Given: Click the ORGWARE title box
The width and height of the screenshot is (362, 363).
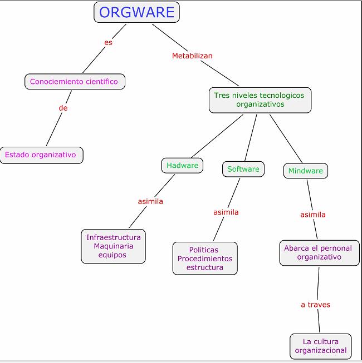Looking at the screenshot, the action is (x=136, y=12).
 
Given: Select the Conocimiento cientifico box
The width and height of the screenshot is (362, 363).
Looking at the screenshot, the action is (x=75, y=82).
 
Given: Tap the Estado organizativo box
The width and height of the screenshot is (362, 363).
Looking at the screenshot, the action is (x=41, y=155).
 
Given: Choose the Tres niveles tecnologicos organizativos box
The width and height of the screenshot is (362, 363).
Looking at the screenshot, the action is (x=260, y=100).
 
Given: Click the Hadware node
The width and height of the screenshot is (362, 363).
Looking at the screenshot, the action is (x=182, y=166).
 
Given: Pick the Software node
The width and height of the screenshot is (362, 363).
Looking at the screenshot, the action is (x=243, y=169).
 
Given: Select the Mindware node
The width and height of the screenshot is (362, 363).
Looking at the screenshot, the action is (x=306, y=171).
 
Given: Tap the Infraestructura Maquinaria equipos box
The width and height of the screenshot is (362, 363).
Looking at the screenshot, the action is (x=114, y=246).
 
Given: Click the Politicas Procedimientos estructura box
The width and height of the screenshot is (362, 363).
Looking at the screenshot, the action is (x=205, y=258).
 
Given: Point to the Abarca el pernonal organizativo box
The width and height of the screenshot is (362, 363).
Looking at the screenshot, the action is (x=319, y=253).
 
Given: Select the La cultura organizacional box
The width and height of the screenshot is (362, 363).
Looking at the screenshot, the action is (x=321, y=346).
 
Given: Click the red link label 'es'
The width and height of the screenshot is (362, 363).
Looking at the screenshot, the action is (x=108, y=43).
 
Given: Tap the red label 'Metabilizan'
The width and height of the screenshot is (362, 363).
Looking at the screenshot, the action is (x=192, y=56).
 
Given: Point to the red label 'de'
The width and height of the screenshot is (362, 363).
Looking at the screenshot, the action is (x=63, y=108).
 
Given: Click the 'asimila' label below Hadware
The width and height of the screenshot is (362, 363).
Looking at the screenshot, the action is (x=150, y=201).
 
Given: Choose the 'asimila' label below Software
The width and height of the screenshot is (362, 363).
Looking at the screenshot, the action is (x=226, y=212).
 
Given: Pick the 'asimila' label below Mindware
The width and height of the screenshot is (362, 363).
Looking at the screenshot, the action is (x=313, y=215).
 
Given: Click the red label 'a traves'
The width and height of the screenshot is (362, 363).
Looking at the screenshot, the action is (x=315, y=305).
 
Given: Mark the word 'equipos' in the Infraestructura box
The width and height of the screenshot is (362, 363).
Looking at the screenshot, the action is (x=112, y=255).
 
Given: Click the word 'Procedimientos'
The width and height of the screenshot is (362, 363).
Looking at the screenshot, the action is (x=205, y=258).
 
